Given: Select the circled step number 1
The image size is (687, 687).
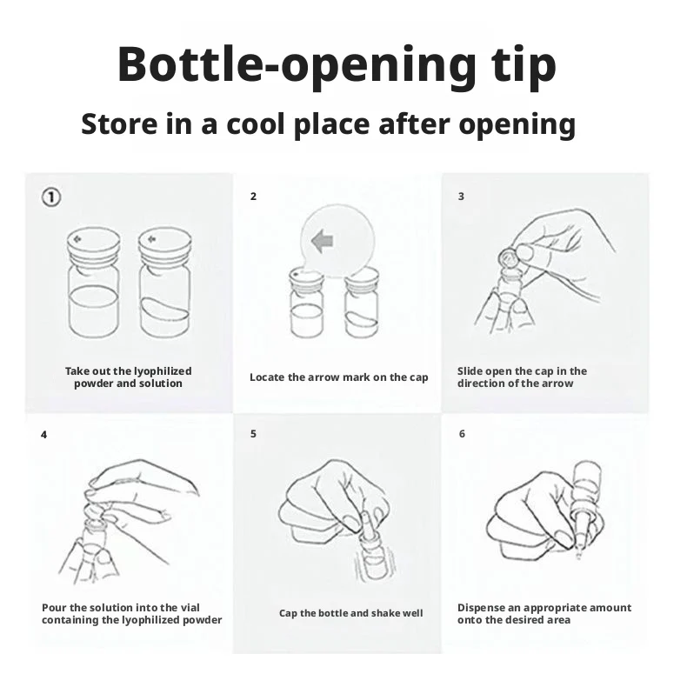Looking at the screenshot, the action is (x=51, y=197).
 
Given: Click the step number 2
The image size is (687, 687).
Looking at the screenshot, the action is (x=253, y=197).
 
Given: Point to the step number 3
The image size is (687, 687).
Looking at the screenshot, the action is (x=461, y=197).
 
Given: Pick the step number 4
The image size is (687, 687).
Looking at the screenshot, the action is (x=43, y=435).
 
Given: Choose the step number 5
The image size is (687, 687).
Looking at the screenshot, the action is (x=253, y=434).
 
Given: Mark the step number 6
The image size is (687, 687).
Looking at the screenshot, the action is (x=462, y=434).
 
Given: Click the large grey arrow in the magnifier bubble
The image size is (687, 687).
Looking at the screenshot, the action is (x=322, y=241).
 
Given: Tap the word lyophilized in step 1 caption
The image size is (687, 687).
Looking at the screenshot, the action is (x=163, y=371).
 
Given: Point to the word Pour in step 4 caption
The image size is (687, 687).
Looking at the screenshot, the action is (x=54, y=608).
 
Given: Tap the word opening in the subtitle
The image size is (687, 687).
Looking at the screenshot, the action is (x=517, y=124).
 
